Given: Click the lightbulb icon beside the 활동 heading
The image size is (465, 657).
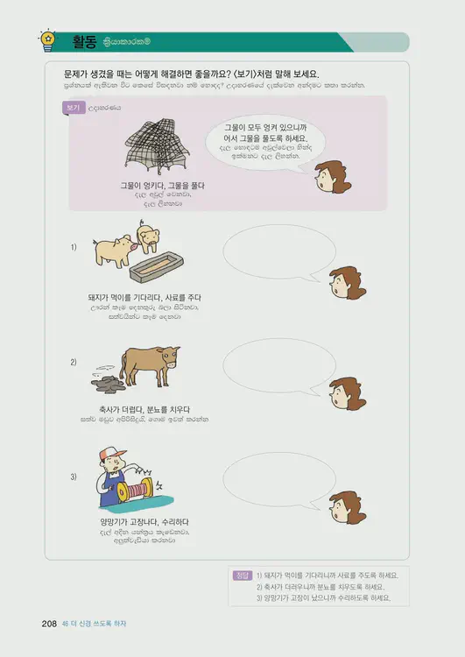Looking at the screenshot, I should (x=46, y=39).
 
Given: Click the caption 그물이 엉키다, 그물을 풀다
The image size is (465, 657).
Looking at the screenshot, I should (x=150, y=185).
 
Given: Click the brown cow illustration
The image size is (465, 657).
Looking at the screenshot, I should (x=149, y=361).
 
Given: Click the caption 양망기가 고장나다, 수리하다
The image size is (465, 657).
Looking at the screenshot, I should (x=132, y=523).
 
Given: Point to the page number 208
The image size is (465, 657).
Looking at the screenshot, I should (x=49, y=624).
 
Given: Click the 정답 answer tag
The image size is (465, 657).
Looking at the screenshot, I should (x=243, y=575).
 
